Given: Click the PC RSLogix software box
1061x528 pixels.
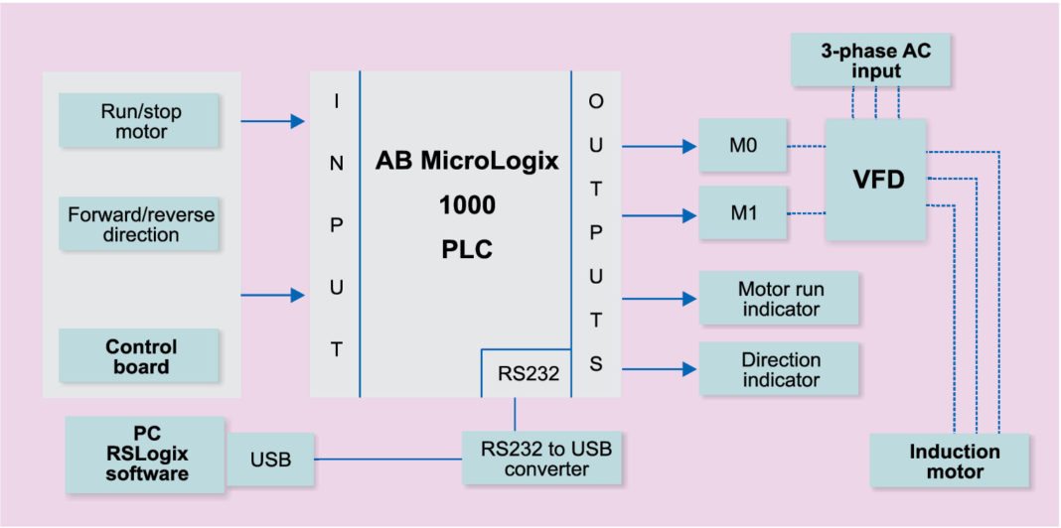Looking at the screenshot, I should tap(146, 454).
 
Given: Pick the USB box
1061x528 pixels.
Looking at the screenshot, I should tap(270, 460).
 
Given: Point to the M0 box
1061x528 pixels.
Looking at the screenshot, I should tap(742, 146).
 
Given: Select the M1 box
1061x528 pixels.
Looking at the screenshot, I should tap(742, 212).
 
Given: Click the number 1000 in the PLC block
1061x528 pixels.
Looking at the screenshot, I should tap(466, 205).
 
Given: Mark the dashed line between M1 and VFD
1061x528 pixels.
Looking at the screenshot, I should tap(806, 212).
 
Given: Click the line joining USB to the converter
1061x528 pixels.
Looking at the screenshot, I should tap(388, 460).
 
